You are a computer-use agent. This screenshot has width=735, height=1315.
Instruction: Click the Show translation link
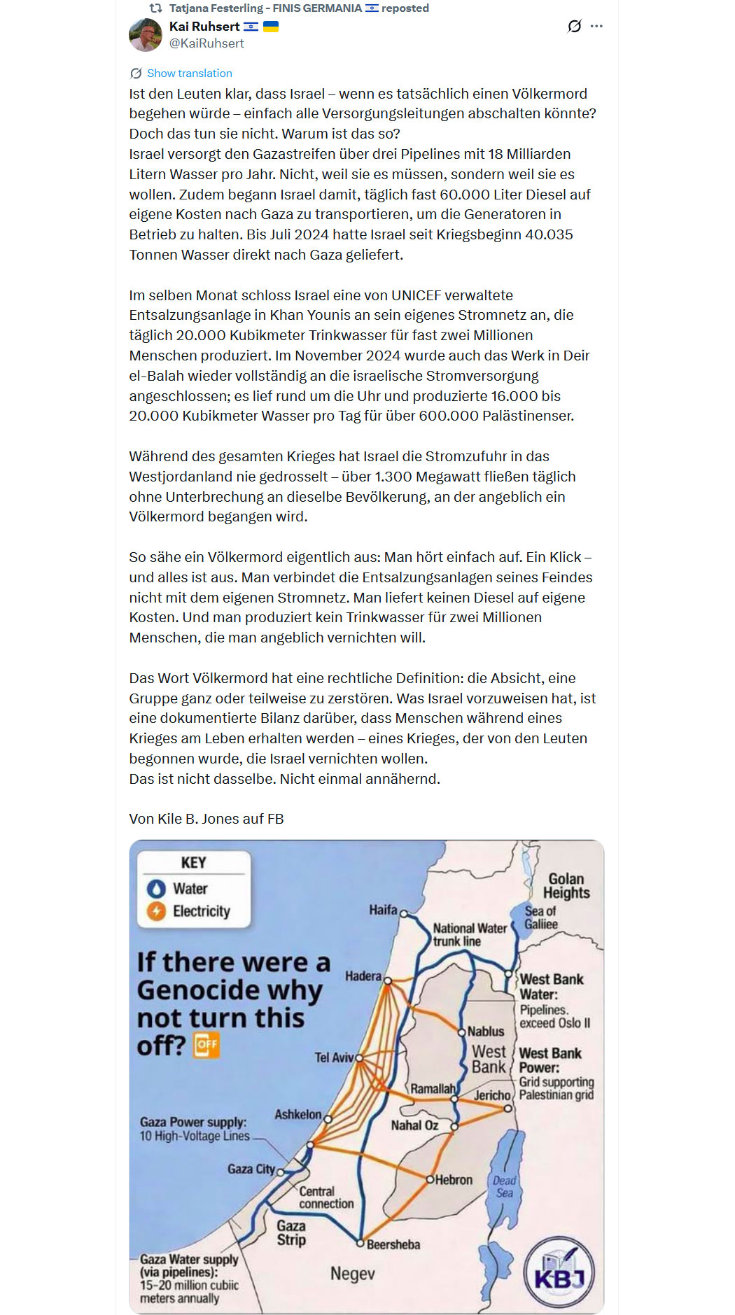click(x=189, y=73)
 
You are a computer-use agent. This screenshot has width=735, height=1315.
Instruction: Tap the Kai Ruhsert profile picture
click(x=146, y=34)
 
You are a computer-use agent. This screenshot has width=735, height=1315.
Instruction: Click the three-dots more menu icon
click(x=596, y=27)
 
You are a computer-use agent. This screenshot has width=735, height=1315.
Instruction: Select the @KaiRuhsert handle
click(x=206, y=43)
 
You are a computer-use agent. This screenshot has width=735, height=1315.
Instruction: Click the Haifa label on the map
click(x=383, y=910)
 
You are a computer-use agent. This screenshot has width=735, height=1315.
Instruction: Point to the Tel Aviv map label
click(x=334, y=1057)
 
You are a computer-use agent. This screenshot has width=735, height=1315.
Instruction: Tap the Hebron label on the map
click(x=454, y=1179)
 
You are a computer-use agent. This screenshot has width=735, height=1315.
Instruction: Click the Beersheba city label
click(x=393, y=1244)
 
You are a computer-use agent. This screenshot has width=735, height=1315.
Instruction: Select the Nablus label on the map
click(x=486, y=1032)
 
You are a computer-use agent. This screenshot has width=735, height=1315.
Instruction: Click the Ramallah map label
click(x=433, y=1089)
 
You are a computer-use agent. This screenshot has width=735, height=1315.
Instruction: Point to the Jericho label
click(x=492, y=1095)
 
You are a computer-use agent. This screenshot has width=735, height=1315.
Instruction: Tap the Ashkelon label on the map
click(x=298, y=1114)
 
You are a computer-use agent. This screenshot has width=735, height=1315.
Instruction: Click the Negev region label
click(x=353, y=1274)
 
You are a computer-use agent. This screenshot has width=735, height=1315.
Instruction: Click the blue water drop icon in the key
click(x=156, y=889)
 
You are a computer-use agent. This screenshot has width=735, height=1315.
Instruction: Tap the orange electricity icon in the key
click(x=156, y=911)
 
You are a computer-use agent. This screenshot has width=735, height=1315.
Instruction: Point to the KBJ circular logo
click(x=559, y=1274)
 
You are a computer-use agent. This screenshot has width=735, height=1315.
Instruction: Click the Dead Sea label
click(x=505, y=1186)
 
